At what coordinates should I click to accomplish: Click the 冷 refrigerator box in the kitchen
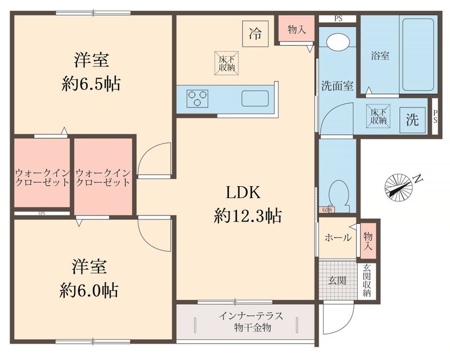255,33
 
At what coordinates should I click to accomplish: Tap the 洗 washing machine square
412,120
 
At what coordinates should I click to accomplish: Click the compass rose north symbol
400,185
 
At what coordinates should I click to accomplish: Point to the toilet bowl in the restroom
338,191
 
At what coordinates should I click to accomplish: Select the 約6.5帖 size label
91,84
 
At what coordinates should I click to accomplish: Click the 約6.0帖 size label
89,290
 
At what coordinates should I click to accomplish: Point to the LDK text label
242,193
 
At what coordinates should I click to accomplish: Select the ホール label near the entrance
337,237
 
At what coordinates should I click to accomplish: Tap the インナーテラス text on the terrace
245,316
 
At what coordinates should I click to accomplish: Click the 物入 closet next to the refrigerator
296,29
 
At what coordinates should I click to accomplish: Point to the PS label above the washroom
338,19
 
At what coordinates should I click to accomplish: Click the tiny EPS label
42,214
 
